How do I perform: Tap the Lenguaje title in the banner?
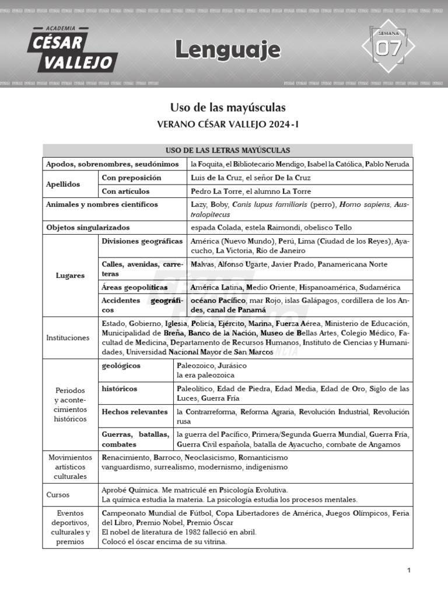pyautogui.click(x=228, y=51)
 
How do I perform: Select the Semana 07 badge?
pyautogui.click(x=388, y=48)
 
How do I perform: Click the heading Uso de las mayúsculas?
pyautogui.click(x=228, y=107)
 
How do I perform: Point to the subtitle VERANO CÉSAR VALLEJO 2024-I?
pyautogui.click(x=228, y=124)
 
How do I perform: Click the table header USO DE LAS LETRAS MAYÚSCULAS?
pyautogui.click(x=228, y=151)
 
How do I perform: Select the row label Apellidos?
pyautogui.click(x=63, y=185)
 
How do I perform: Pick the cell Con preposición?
pyautogui.click(x=131, y=178)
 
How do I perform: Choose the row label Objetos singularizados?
pyautogui.click(x=88, y=227)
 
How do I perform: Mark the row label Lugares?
pyautogui.click(x=70, y=275)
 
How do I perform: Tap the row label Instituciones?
pyautogui.click(x=68, y=338)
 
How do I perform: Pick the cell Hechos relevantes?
pyautogui.click(x=135, y=412)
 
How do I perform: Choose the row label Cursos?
pyautogui.click(x=58, y=495)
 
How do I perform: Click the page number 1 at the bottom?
pyautogui.click(x=409, y=570)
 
